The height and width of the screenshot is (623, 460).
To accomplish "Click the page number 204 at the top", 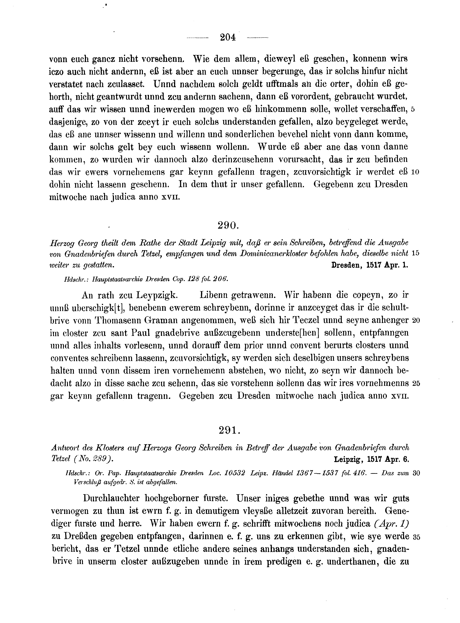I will [227, 37].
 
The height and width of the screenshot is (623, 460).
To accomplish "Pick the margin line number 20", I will [416, 321].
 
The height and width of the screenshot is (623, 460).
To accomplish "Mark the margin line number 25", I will [416, 384].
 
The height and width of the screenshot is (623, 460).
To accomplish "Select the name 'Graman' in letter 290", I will [161, 321].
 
